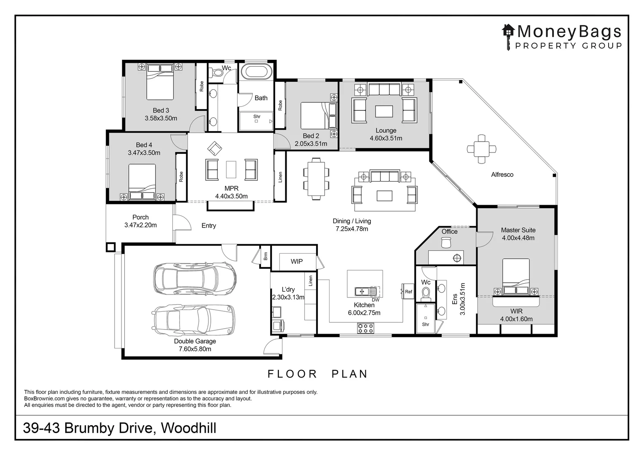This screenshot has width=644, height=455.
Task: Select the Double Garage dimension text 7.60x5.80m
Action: (x=195, y=349)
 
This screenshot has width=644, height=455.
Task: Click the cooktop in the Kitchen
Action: (x=365, y=327)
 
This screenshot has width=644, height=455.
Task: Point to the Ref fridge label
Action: (x=408, y=292)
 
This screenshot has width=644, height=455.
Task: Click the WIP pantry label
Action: (x=296, y=262)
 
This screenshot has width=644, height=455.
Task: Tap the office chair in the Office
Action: (x=446, y=242)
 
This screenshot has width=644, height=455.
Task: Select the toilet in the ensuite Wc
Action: (x=426, y=292)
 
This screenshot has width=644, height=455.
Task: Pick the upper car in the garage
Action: (x=194, y=278)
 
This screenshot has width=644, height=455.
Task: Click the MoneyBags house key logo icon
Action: (x=508, y=35)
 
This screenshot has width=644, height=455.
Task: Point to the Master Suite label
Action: (x=518, y=230)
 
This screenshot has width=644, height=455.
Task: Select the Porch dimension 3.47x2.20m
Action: (x=140, y=225)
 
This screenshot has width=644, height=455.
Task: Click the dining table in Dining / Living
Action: (x=316, y=177)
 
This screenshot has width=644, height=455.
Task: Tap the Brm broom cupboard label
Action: (x=266, y=256)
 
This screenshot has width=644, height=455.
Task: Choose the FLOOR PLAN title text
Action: (x=318, y=374)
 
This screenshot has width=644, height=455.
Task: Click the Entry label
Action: (x=209, y=226)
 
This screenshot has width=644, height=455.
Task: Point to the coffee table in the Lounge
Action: (x=384, y=111)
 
